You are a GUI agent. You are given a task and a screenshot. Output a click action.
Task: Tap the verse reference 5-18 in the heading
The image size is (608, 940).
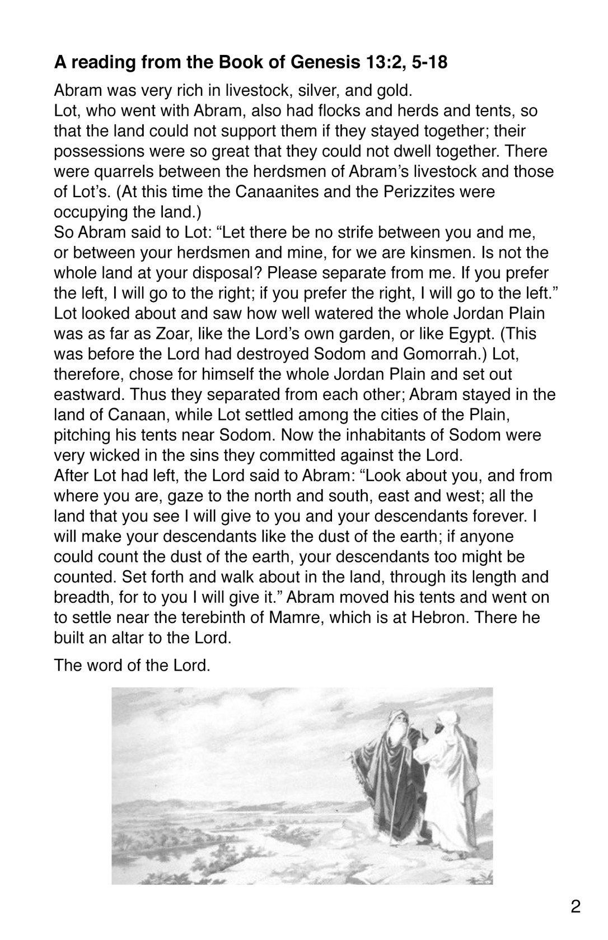428,62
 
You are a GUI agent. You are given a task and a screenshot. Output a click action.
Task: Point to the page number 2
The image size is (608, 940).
576,906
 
